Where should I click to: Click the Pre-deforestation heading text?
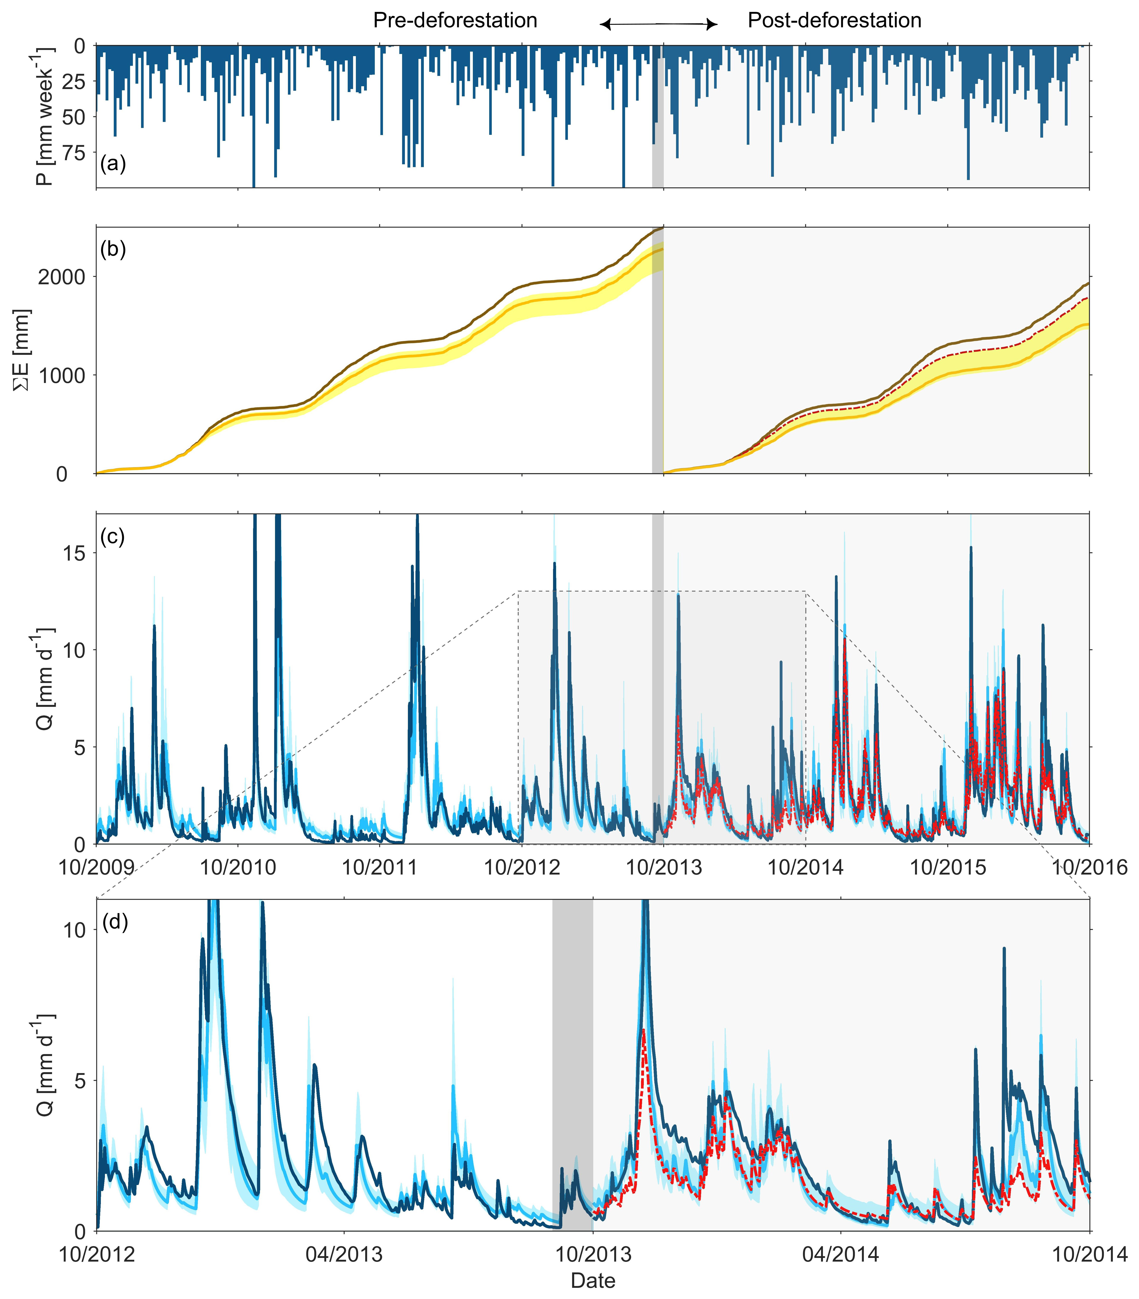[x=455, y=21]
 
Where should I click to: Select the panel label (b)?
[x=113, y=249]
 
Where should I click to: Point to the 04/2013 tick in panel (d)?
[x=344, y=1254]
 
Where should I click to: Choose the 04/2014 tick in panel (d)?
[x=841, y=1254]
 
